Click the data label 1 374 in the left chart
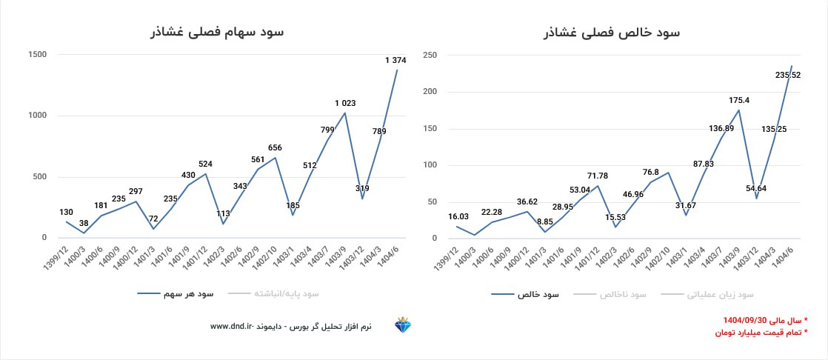pyautogui.click(x=396, y=60)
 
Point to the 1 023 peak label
pyautogui.click(x=346, y=103)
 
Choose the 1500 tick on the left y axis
pyautogui.click(x=37, y=54)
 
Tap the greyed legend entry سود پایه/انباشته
pyautogui.click(x=286, y=294)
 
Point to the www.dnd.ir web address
pyautogui.click(x=233, y=326)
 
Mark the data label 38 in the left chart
pyautogui.click(x=85, y=223)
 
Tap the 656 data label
pyautogui.click(x=275, y=147)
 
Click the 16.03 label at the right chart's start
pyautogui.click(x=458, y=217)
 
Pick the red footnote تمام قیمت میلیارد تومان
pyautogui.click(x=759, y=333)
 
